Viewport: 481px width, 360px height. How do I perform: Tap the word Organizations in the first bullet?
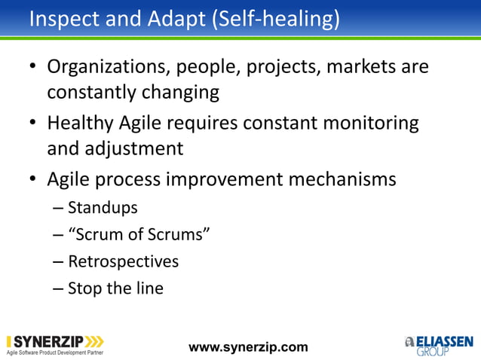tap(109, 68)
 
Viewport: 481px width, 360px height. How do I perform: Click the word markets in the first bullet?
tap(368, 68)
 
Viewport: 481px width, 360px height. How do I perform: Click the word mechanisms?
tap(345, 179)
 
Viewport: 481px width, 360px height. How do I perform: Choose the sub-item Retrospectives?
tap(123, 261)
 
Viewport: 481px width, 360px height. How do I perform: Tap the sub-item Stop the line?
tap(115, 288)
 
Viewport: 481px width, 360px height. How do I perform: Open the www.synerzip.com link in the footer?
tap(248, 347)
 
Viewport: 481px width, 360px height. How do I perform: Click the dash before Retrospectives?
tap(58, 262)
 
